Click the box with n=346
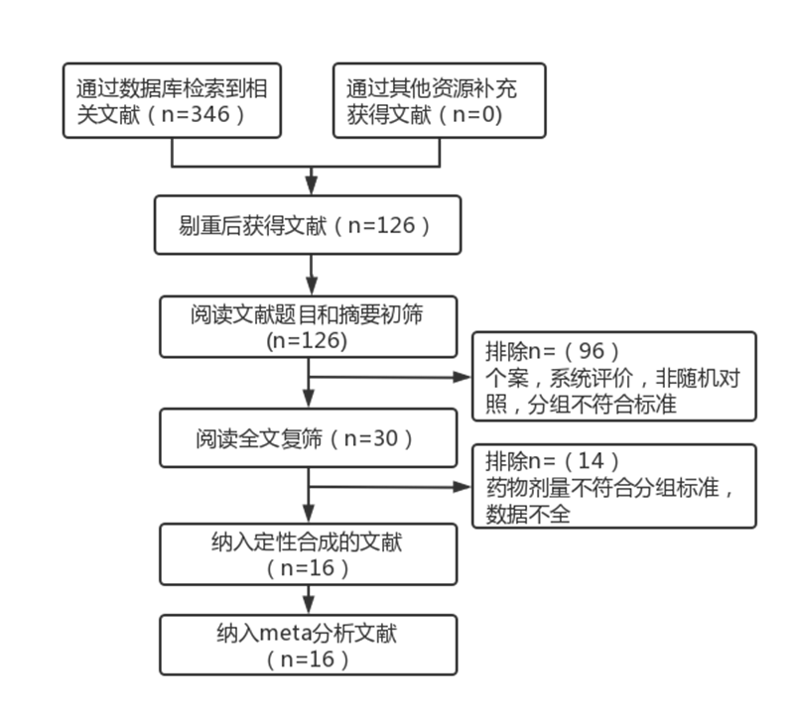pyautogui.click(x=173, y=100)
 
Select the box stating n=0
pyautogui.click(x=440, y=100)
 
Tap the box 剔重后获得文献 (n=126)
pyautogui.click(x=309, y=224)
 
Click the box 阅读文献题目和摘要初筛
pyautogui.click(x=309, y=325)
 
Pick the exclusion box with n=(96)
pyautogui.click(x=613, y=377)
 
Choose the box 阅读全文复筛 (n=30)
pyautogui.click(x=309, y=436)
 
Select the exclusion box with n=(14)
pyautogui.click(x=613, y=486)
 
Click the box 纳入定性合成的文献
pyautogui.click(x=309, y=553)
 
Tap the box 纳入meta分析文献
pyautogui.click(x=309, y=645)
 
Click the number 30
pyautogui.click(x=389, y=437)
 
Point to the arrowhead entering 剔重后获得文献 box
pyautogui.click(x=311, y=187)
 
